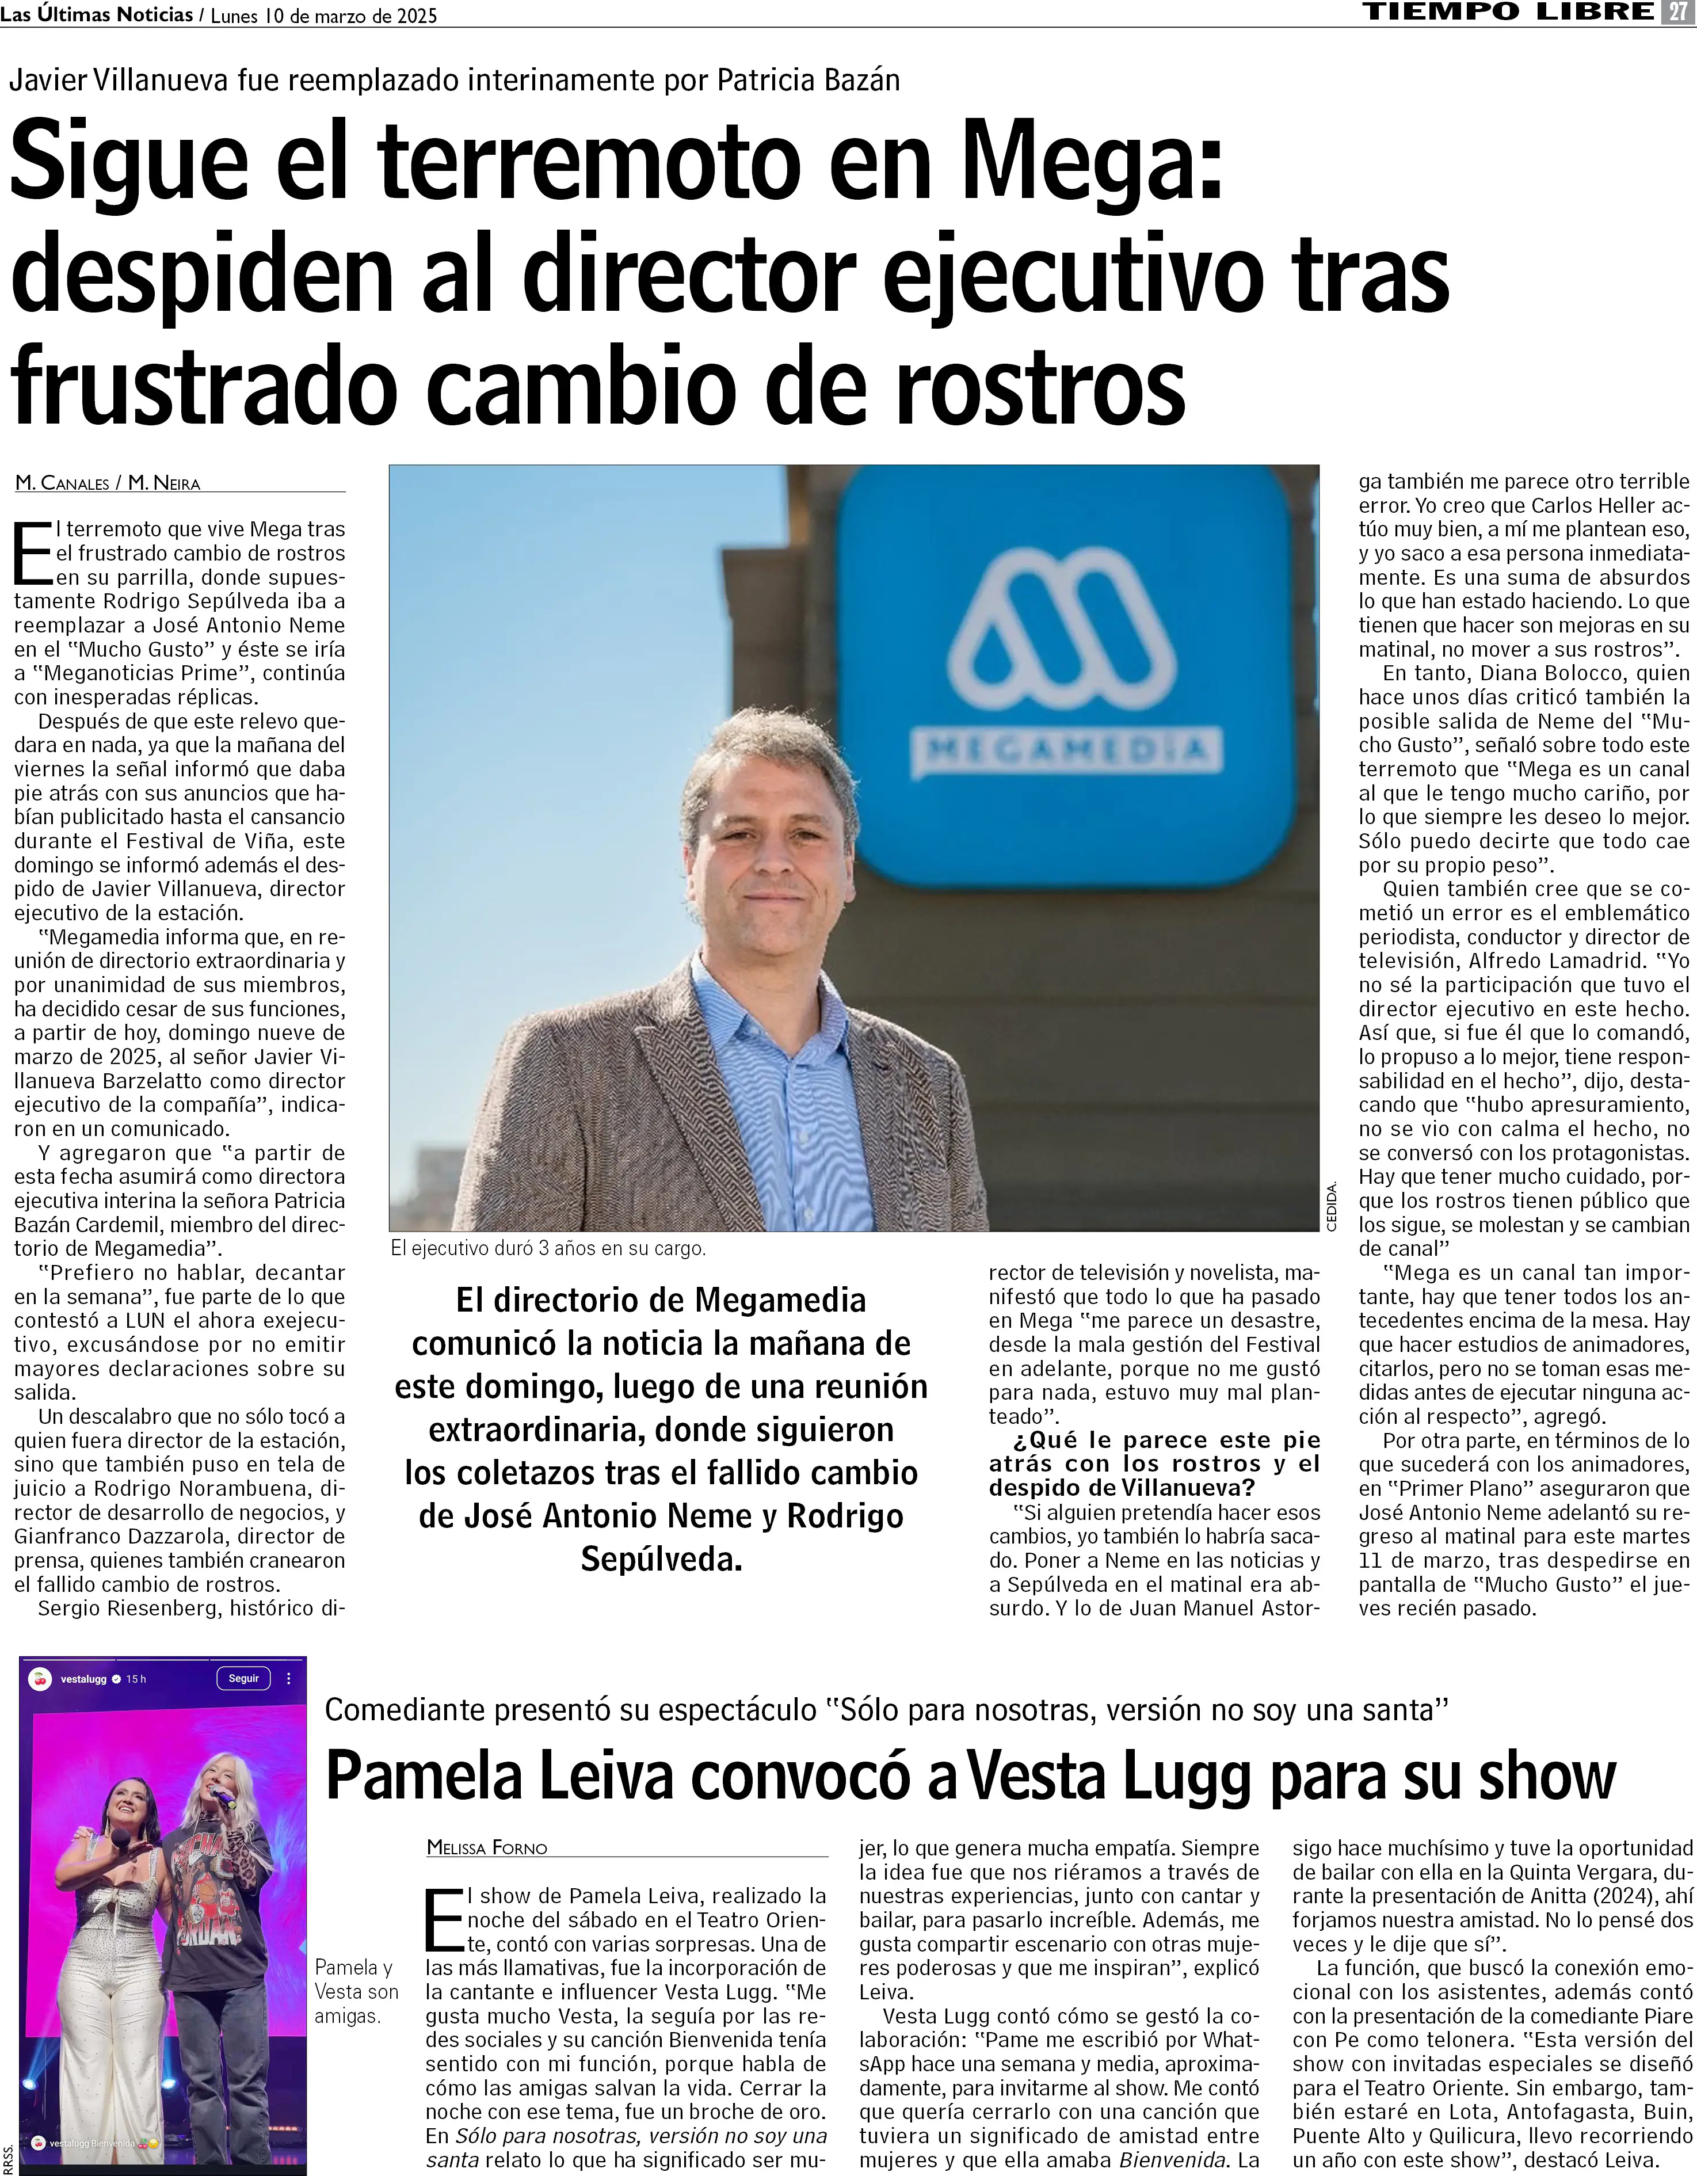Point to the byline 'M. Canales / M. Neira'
click(x=108, y=483)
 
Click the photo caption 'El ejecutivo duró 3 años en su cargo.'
click(x=548, y=1247)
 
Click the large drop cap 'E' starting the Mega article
click(x=32, y=553)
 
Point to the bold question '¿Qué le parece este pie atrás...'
click(x=1154, y=1464)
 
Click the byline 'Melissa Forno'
click(x=487, y=1847)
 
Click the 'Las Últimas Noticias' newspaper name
click(x=97, y=14)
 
